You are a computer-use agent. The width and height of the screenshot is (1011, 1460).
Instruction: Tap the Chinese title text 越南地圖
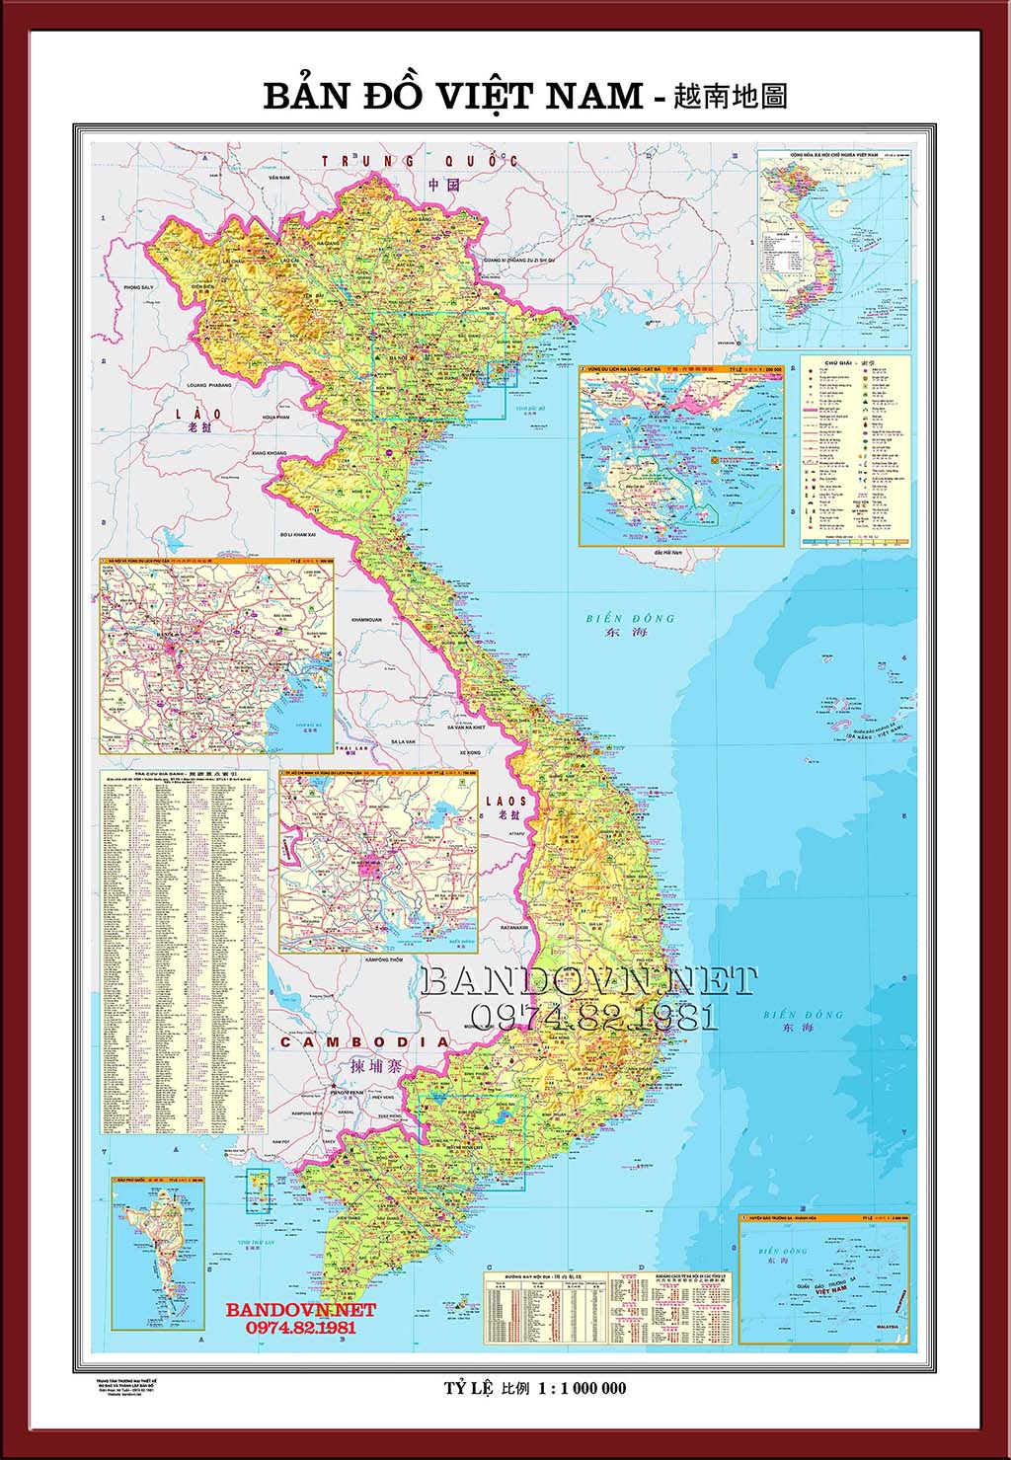click(x=730, y=96)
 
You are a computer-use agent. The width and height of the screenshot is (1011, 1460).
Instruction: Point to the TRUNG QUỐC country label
click(x=420, y=161)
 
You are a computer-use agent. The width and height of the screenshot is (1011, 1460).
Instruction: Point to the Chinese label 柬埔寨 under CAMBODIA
click(x=369, y=1066)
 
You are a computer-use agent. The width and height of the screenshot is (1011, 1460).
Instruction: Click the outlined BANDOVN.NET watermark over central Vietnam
click(x=588, y=981)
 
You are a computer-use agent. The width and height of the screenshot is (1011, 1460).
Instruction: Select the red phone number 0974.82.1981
click(x=300, y=1328)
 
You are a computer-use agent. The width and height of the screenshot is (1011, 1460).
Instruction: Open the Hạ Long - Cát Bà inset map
click(x=681, y=454)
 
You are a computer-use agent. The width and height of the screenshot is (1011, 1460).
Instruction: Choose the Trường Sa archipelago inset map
click(x=824, y=1278)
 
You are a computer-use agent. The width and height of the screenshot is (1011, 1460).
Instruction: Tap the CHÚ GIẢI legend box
click(x=855, y=450)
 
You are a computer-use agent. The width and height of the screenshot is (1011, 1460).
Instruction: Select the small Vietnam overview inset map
click(x=834, y=249)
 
